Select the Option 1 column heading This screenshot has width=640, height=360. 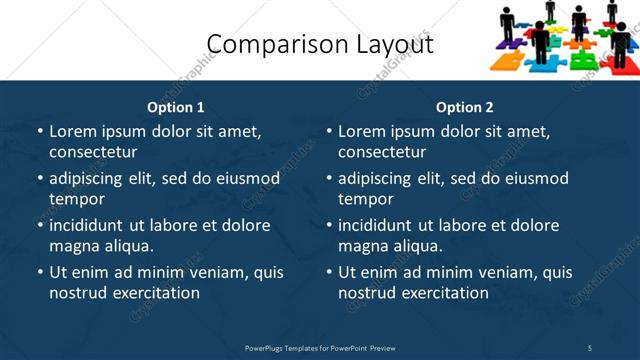tap(176, 107)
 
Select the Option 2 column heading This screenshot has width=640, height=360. tap(465, 107)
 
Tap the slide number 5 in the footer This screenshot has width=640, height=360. tap(590, 348)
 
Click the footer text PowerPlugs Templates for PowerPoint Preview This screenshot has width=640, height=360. tap(320, 348)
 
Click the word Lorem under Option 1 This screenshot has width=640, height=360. tap(73, 131)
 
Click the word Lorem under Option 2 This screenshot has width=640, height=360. tap(362, 131)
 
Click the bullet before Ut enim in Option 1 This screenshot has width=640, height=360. tap(40, 272)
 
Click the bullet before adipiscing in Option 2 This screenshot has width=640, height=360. tap(329, 178)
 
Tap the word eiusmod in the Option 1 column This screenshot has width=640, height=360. tap(246, 178)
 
